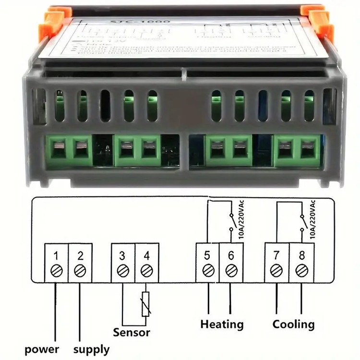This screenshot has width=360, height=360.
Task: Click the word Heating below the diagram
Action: [222, 324]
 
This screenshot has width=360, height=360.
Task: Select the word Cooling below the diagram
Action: [294, 324]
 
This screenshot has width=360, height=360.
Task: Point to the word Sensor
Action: [132, 332]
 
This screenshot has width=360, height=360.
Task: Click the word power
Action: [42, 349]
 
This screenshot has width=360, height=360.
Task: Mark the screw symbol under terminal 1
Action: [57, 271]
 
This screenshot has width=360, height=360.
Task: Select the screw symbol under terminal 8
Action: [301, 271]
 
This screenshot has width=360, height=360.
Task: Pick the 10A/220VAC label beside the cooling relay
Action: [313, 219]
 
